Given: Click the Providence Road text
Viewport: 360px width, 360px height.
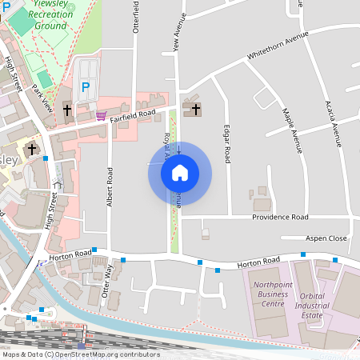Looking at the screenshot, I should (280, 217).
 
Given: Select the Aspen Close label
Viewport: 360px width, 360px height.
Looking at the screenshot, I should (326, 238).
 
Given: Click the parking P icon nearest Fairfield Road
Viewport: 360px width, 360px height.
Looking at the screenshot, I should (86, 86).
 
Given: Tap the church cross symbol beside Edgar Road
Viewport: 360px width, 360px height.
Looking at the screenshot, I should (195, 108).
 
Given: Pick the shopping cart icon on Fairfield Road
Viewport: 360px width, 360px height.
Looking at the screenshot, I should (100, 115).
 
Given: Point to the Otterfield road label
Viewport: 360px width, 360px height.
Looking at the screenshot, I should (135, 16).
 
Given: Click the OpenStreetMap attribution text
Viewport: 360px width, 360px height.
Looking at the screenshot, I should (80, 354).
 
